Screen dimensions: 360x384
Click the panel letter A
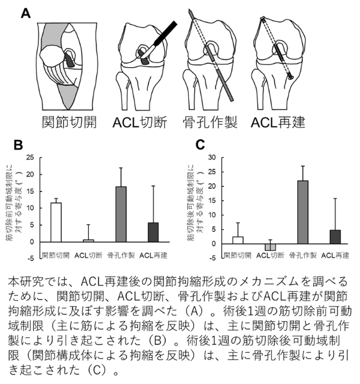click(x=26, y=13)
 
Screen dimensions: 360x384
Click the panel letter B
click(x=18, y=145)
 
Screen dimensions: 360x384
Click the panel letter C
click(x=200, y=145)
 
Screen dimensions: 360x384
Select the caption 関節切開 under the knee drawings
click(x=70, y=122)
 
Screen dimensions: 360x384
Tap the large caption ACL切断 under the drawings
click(x=140, y=122)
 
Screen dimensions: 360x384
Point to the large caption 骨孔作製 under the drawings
click(x=210, y=122)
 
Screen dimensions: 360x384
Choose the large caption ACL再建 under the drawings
click(x=278, y=122)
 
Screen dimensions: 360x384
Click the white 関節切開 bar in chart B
click(x=56, y=223)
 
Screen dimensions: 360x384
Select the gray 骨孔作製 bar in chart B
click(x=121, y=214)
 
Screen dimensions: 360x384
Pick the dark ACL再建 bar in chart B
click(x=154, y=232)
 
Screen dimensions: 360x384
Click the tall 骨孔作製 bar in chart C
click(x=302, y=212)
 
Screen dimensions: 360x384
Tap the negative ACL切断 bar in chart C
click(x=270, y=247)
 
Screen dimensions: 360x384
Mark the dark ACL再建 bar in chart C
click(x=335, y=237)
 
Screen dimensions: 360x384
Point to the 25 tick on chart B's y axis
click(x=30, y=157)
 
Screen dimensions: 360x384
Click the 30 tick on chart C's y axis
click(x=212, y=157)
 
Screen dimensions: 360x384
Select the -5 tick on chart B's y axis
click(x=30, y=259)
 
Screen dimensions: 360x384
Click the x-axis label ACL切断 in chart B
click(x=88, y=256)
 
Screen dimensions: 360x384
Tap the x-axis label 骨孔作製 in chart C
click(x=302, y=256)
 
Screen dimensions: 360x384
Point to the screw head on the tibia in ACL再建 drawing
click(x=291, y=77)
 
